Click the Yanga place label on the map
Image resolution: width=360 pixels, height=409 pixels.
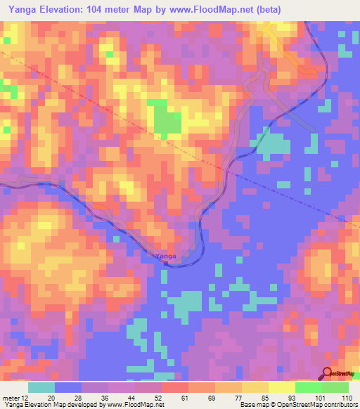pos(165,256)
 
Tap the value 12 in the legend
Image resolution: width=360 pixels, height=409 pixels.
pos(25,398)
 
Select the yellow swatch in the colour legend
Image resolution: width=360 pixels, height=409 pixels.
pos(281,387)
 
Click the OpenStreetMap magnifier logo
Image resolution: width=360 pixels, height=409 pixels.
pos(327,373)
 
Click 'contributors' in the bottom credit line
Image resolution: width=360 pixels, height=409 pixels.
pos(338,405)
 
